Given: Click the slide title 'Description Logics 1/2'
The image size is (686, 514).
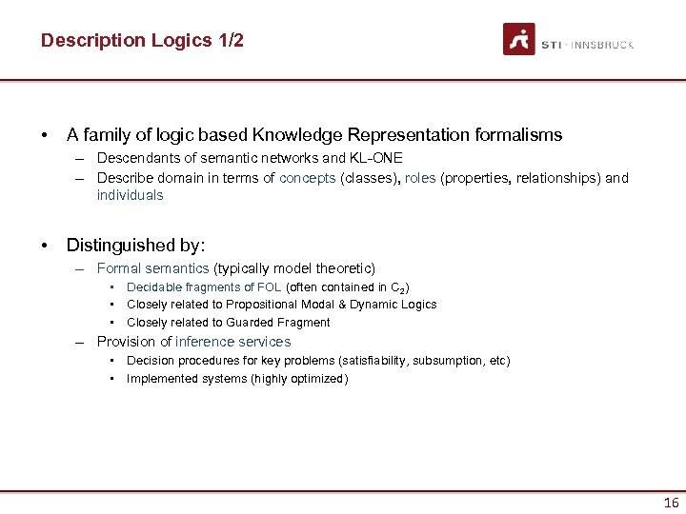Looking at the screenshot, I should click(x=142, y=41).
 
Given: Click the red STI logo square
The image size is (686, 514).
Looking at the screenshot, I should click(x=519, y=39).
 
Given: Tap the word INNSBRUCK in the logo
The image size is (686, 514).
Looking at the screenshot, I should click(x=603, y=45).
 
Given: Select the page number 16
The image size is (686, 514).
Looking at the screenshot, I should click(x=671, y=503).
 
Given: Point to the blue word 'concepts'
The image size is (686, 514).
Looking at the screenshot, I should click(x=308, y=178).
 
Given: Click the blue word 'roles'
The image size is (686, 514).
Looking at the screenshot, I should click(x=420, y=178).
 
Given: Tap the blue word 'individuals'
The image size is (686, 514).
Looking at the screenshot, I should click(x=130, y=195).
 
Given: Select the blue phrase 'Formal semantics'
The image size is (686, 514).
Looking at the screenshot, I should click(x=152, y=269).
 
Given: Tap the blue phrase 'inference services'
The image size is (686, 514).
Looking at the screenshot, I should click(x=233, y=342).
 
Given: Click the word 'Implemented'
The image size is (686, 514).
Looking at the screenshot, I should click(x=158, y=379).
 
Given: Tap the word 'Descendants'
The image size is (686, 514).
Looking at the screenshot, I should click(x=134, y=158).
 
